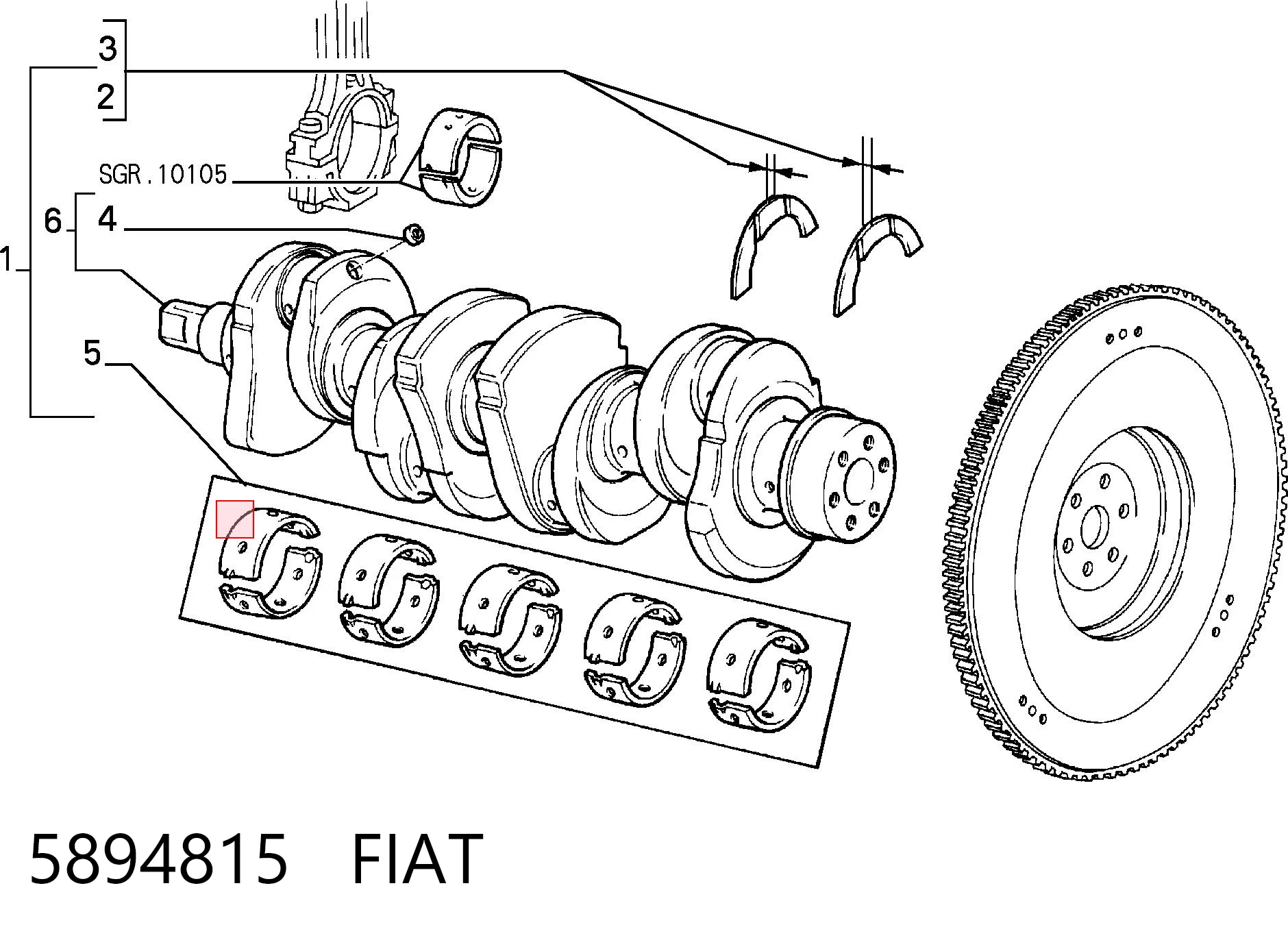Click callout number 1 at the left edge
(x=7, y=261)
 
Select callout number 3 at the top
(x=108, y=49)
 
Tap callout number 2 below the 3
(x=106, y=97)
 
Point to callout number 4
(x=108, y=219)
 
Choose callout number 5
(x=92, y=354)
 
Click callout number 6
(x=53, y=221)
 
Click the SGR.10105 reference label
(x=162, y=175)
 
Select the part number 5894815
(x=158, y=859)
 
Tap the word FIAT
(x=417, y=859)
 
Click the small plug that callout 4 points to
(x=414, y=233)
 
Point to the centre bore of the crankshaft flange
(x=859, y=481)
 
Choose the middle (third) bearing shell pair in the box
(x=510, y=620)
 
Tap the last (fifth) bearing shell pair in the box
(x=760, y=675)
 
